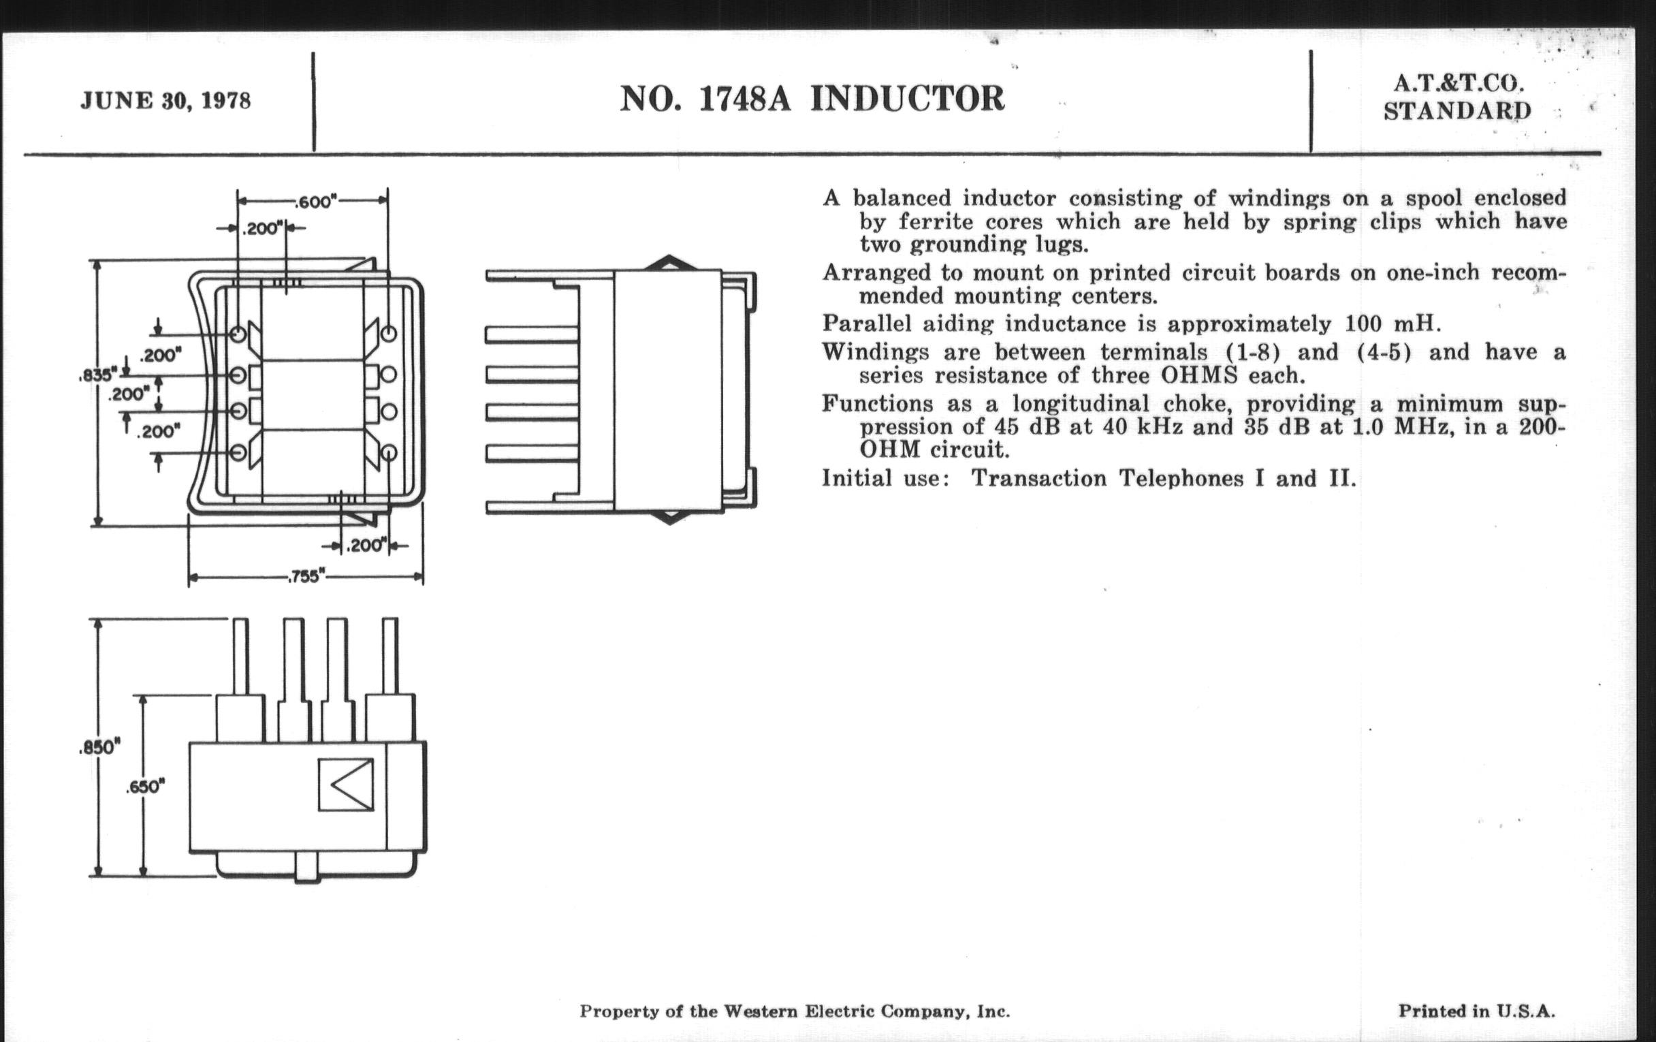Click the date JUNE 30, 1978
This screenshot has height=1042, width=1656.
click(165, 101)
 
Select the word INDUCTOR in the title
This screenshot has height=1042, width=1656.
click(907, 99)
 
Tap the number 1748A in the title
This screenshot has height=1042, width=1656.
click(744, 99)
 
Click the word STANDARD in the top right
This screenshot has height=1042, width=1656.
click(1457, 111)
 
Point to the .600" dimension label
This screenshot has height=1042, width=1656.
click(315, 202)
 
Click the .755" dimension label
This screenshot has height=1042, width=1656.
click(305, 576)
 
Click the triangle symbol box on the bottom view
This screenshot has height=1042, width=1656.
click(346, 785)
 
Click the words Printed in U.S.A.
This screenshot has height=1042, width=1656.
click(1476, 1011)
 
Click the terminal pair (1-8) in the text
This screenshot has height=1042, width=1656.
click(1254, 352)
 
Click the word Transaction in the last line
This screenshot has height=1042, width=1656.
click(1038, 478)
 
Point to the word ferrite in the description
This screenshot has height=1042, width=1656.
click(936, 222)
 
